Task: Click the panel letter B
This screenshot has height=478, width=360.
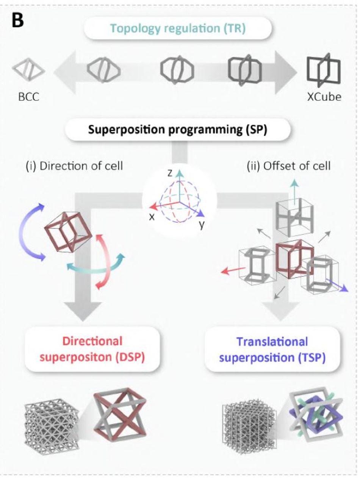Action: (18, 21)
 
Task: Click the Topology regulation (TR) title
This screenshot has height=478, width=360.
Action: (178, 28)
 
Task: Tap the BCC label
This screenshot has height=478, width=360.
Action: (29, 97)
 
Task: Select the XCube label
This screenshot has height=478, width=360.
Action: (324, 97)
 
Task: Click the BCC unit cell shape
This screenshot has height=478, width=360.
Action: (28, 69)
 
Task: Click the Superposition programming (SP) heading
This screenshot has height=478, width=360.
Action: (178, 130)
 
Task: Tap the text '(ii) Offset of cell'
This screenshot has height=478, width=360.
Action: (288, 166)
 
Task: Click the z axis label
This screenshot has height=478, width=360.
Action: (170, 173)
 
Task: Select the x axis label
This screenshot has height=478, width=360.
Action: (152, 217)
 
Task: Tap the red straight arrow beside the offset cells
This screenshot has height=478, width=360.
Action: (233, 270)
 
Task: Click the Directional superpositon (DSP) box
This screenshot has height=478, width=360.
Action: (92, 349)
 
